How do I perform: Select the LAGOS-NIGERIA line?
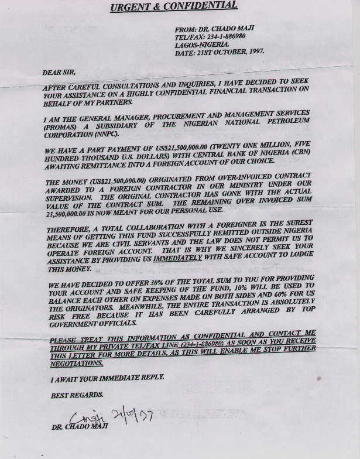pos(203,44)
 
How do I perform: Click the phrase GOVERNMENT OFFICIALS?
pos(93,323)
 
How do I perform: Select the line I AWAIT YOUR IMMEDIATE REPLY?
pos(107,379)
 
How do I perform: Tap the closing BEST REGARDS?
pos(74,396)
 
